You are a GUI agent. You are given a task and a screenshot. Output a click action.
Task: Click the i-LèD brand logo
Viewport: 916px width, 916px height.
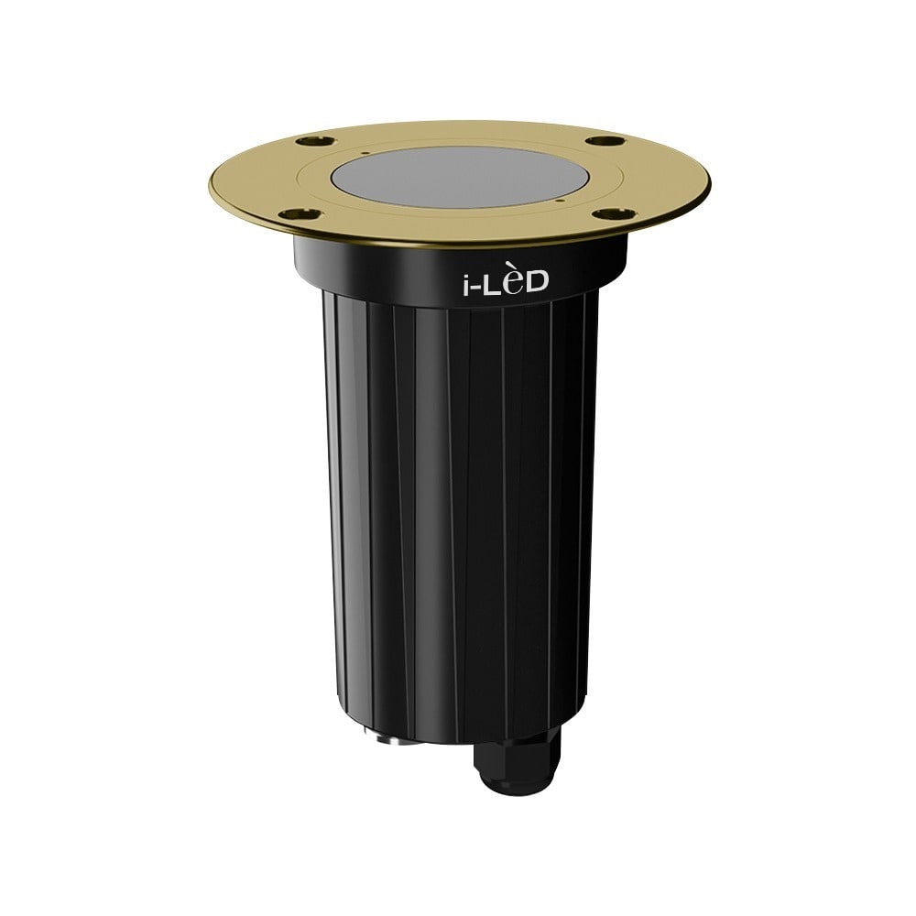[x=503, y=282]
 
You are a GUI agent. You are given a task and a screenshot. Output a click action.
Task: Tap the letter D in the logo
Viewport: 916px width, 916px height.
[x=537, y=282]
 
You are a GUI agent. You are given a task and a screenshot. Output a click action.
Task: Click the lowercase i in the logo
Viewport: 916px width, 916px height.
[x=463, y=282]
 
